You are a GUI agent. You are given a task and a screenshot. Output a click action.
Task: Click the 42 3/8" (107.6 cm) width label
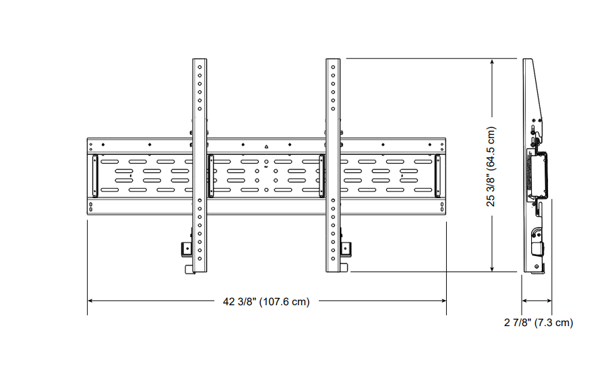(x=266, y=302)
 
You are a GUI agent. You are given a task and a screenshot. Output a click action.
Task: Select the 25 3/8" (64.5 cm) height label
(x=492, y=166)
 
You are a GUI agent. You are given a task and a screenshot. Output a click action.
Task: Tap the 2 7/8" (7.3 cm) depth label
(x=539, y=323)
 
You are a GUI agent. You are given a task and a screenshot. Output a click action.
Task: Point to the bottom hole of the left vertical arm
(x=200, y=259)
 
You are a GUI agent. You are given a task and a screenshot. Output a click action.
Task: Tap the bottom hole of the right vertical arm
(x=333, y=259)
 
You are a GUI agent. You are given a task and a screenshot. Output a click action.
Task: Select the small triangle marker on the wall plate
(x=266, y=146)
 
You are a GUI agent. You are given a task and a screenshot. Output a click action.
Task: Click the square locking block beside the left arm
(x=186, y=249)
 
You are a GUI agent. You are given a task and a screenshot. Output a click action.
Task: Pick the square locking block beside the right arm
(x=346, y=249)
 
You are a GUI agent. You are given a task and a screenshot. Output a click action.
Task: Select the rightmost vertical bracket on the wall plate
(x=437, y=177)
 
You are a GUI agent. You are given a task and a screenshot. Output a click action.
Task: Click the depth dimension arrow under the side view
(x=537, y=301)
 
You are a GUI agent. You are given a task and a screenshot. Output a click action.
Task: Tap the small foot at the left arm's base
(x=189, y=270)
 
